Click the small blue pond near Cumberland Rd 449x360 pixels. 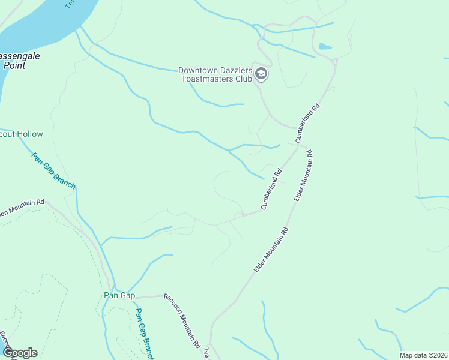coord(325,46)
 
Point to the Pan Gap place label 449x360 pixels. coord(119,296)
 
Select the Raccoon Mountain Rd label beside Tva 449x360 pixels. coord(181,321)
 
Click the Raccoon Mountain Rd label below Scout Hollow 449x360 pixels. coord(22,208)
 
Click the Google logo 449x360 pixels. coord(20,353)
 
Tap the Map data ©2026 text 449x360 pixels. coord(423,355)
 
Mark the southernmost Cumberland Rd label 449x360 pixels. coord(271,190)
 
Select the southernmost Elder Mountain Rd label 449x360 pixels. coord(271,250)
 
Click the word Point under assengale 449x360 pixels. coord(14,65)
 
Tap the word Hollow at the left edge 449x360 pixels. coord(30,134)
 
